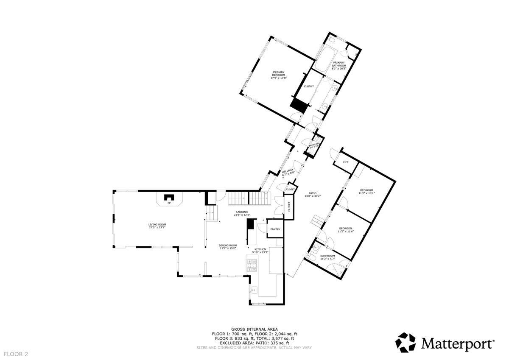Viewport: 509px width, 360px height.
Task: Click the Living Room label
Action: tap(157, 226)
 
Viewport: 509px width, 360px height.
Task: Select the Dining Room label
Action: tap(228, 247)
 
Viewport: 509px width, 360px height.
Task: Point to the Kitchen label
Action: tap(260, 251)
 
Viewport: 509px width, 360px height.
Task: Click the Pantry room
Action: tap(275, 229)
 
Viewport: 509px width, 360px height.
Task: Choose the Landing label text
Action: tap(242, 213)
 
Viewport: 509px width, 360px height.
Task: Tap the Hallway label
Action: tap(288, 172)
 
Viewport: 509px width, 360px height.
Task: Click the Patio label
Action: tap(313, 194)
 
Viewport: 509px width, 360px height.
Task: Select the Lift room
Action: tap(345, 162)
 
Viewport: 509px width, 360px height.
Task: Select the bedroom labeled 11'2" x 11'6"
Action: tap(345, 230)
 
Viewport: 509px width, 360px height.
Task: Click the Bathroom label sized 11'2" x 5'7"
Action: tap(327, 257)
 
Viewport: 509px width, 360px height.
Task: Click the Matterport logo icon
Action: tap(406, 342)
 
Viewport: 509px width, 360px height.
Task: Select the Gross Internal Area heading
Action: tap(255, 329)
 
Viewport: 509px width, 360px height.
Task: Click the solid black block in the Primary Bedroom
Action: tap(298, 105)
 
